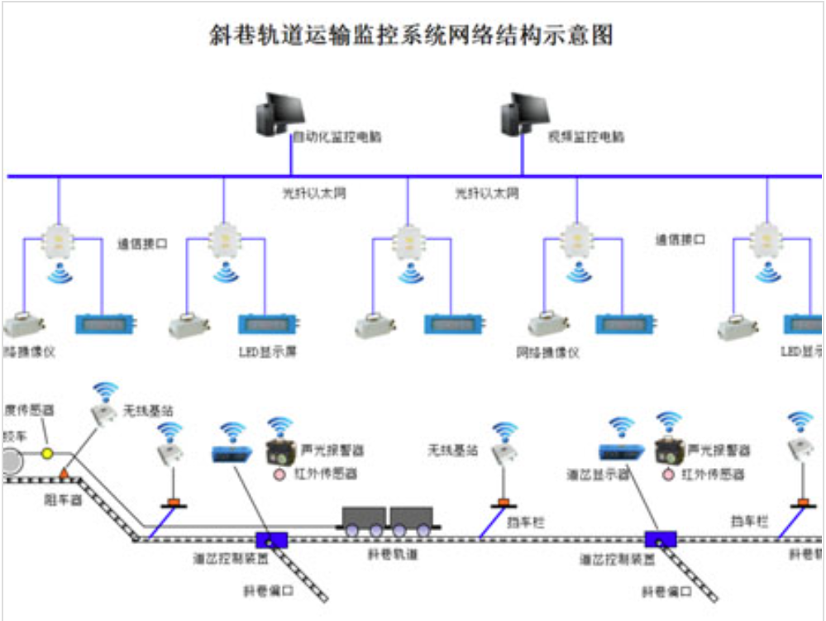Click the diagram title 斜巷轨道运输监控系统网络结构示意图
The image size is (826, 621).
point(411,36)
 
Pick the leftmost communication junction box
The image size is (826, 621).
point(59,239)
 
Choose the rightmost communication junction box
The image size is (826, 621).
point(768,239)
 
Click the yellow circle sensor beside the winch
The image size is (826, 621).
point(48,453)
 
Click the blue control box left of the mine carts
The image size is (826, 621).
point(270,539)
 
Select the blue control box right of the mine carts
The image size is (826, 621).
point(661,539)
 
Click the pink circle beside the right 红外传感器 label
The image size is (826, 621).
point(668,475)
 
